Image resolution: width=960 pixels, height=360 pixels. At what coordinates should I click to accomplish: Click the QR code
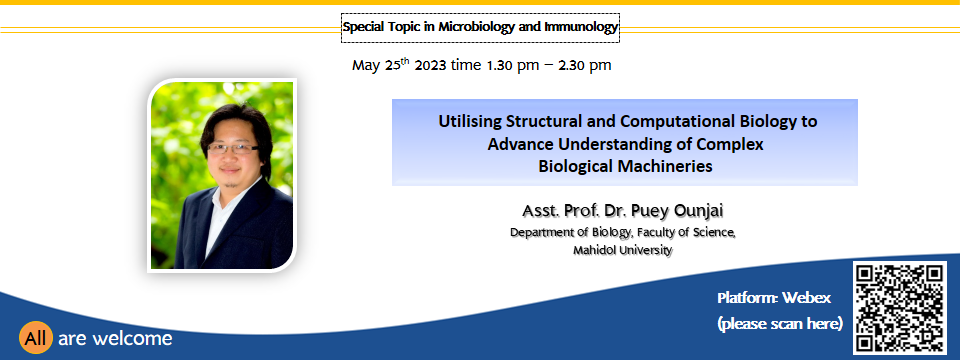[899, 307]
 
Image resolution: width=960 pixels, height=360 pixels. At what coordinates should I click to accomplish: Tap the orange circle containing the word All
[36, 338]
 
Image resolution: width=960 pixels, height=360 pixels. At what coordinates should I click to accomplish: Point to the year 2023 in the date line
[430, 65]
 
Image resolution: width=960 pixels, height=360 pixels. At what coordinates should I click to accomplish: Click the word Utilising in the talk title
[470, 121]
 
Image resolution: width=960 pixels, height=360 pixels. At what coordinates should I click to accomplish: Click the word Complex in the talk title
[732, 144]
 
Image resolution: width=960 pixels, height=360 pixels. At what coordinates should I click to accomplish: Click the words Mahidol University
[623, 250]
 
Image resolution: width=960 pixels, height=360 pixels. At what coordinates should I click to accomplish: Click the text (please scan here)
[780, 323]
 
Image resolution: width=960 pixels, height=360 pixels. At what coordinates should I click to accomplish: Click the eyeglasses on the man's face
[233, 148]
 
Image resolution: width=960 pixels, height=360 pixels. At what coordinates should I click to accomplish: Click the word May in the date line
[366, 66]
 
